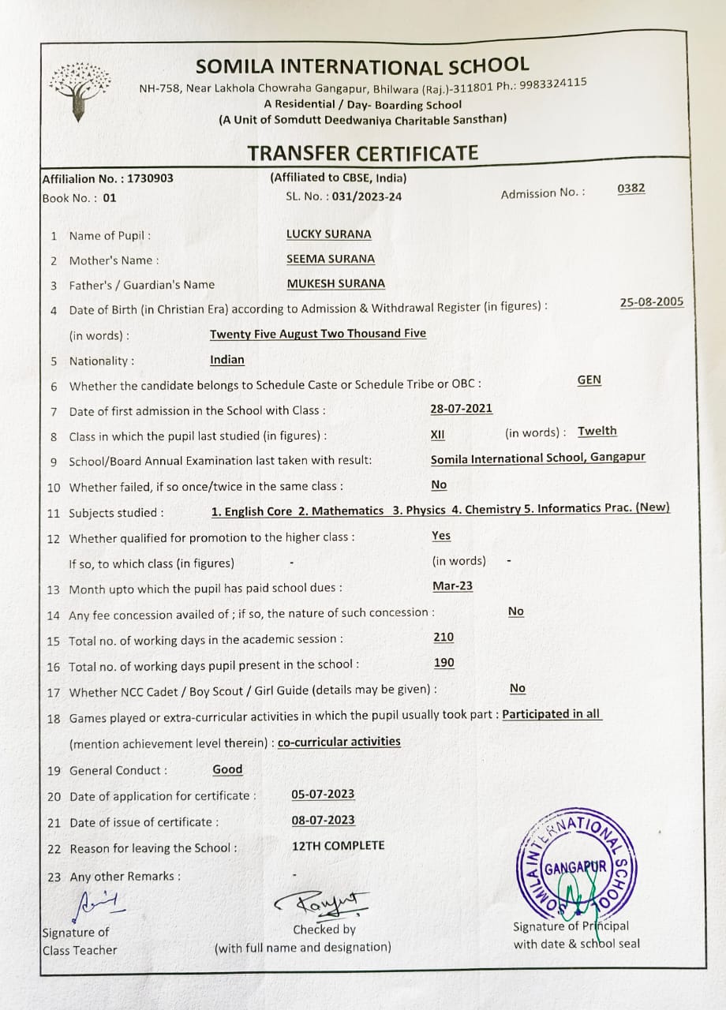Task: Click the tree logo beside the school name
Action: [78, 89]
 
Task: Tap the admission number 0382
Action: [631, 188]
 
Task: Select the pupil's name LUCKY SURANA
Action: [328, 234]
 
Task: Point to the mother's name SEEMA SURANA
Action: [330, 259]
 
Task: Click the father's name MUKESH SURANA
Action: [335, 283]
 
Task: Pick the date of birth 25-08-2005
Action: [652, 302]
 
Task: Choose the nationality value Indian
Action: [227, 360]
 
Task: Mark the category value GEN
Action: [589, 380]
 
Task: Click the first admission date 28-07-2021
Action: [461, 408]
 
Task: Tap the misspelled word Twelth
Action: [597, 431]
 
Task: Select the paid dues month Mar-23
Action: [453, 586]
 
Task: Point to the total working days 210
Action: [443, 637]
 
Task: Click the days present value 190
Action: [444, 663]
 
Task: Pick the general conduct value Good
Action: [227, 769]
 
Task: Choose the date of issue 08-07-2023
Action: [323, 820]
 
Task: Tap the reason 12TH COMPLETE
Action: [338, 845]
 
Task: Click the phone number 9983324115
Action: [552, 83]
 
